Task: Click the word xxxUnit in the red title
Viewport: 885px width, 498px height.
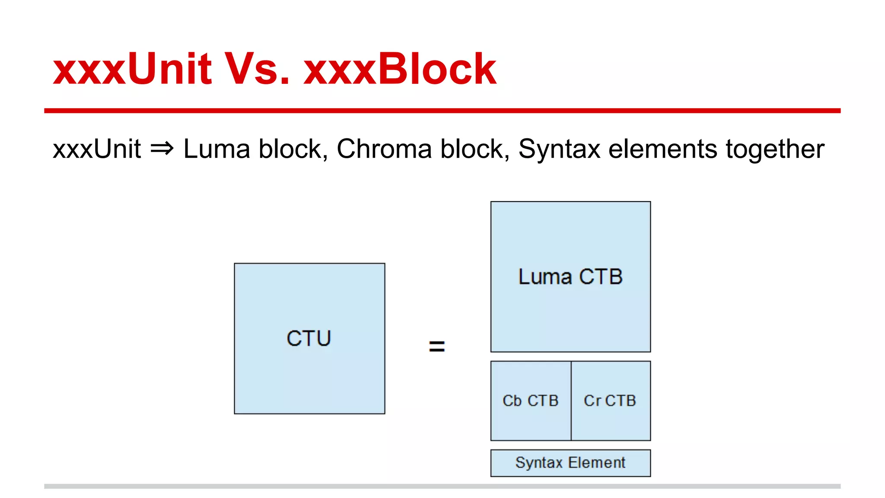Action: [x=132, y=69]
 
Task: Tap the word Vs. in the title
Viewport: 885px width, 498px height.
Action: [x=257, y=69]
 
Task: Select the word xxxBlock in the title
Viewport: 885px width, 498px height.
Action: [x=400, y=69]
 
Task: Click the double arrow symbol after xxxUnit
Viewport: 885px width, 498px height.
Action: [x=162, y=149]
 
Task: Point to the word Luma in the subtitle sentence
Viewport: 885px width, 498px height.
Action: [x=216, y=149]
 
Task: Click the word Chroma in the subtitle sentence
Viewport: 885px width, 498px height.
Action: [x=384, y=149]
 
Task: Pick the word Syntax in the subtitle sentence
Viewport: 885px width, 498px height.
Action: [x=559, y=149]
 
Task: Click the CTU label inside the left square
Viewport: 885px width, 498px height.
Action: [x=309, y=338]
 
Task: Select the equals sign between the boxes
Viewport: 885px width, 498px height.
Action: [x=436, y=346]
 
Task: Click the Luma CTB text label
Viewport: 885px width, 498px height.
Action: [x=570, y=277]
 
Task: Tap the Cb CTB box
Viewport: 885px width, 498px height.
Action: [x=531, y=401]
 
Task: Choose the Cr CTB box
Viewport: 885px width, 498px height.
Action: [x=610, y=401]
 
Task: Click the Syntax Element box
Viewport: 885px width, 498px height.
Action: [x=570, y=463]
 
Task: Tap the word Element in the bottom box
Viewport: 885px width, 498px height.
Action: [x=597, y=463]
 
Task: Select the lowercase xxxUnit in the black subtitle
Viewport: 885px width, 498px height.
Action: [x=97, y=149]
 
